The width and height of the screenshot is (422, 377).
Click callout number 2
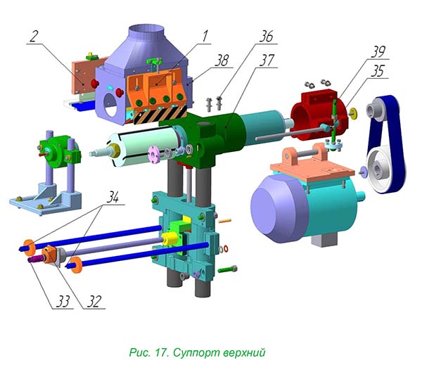pyautogui.click(x=34, y=37)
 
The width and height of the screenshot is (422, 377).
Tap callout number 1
pyautogui.click(x=205, y=36)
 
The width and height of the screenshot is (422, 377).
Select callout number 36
pyautogui.click(x=266, y=37)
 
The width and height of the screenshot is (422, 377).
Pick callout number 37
pyautogui.click(x=267, y=60)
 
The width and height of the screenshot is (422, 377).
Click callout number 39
pyautogui.click(x=378, y=51)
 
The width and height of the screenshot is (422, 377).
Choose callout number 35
pyautogui.click(x=377, y=71)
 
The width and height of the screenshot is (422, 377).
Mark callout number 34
pyautogui.click(x=113, y=197)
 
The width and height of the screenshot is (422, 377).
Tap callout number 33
pyautogui.click(x=63, y=301)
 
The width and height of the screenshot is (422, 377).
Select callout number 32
pyautogui.click(x=94, y=301)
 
